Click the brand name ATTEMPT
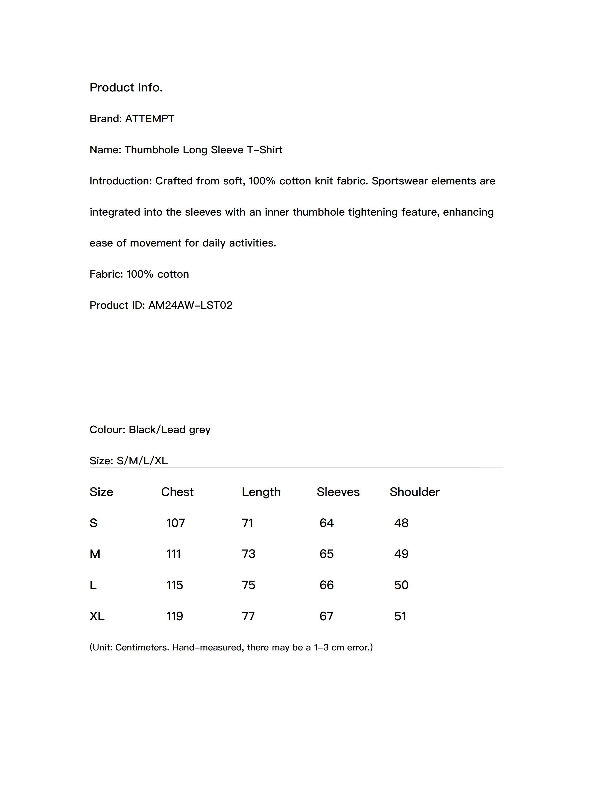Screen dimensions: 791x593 [149, 119]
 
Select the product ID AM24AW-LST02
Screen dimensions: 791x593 [190, 305]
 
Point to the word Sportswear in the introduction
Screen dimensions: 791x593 [400, 181]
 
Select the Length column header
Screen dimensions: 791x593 [261, 492]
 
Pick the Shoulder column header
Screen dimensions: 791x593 [414, 492]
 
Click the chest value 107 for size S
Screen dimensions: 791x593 [176, 523]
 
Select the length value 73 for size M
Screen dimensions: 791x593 [248, 554]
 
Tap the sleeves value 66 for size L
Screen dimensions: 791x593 [326, 585]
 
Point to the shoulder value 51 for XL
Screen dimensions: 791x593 [400, 616]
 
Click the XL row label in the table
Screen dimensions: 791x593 [97, 616]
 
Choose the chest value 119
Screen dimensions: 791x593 [174, 616]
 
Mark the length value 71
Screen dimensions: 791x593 [247, 523]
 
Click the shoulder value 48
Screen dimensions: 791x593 [401, 523]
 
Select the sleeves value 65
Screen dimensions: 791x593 [326, 554]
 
